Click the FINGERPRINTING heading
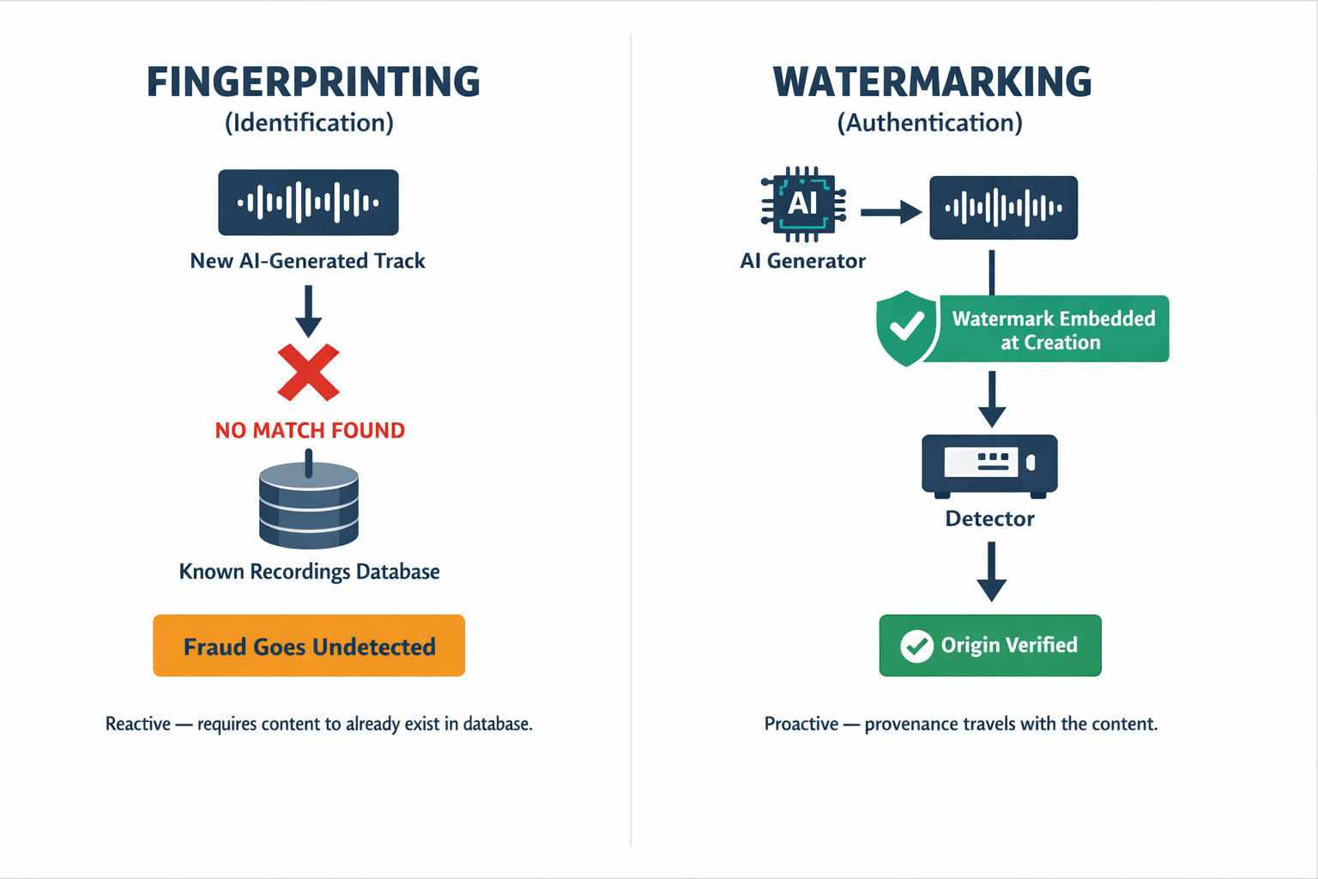313,82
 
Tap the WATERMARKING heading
932,82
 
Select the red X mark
309,373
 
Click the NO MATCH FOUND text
310,430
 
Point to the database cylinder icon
309,506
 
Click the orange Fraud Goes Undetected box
309,646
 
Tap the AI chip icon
803,203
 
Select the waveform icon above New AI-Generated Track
308,203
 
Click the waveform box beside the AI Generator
1003,208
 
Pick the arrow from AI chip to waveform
891,211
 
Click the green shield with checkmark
907,328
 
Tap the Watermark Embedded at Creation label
1053,330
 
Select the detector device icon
989,464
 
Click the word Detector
989,518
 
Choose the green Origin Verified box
990,646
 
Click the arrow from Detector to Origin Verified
991,573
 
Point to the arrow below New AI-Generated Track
308,311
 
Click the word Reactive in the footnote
138,724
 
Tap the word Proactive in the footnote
801,724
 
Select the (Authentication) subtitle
930,123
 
